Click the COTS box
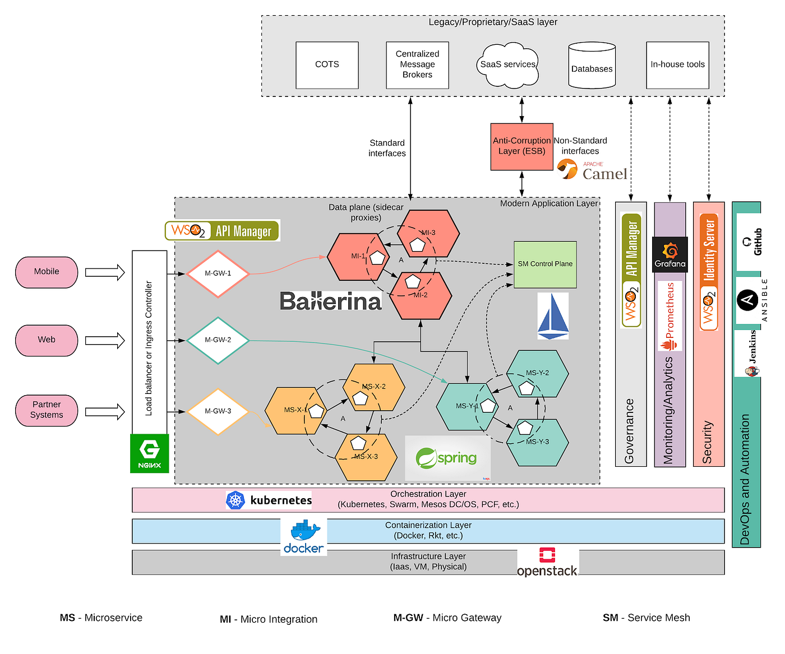point(327,65)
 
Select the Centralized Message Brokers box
point(417,65)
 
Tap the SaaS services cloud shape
point(507,65)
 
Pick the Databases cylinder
point(592,66)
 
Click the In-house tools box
point(677,65)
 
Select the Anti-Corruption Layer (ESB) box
point(521,147)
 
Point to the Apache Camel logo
point(593,170)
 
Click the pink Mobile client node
point(47,272)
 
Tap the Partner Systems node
point(47,410)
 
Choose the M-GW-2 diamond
point(218,340)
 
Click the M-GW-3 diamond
point(218,411)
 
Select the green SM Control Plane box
point(545,265)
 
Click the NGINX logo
point(150,453)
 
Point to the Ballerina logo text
point(331,302)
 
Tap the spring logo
point(447,458)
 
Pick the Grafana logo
point(669,255)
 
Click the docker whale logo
point(304,537)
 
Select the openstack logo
point(547,563)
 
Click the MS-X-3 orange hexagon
point(366,457)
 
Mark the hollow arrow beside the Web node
point(105,340)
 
